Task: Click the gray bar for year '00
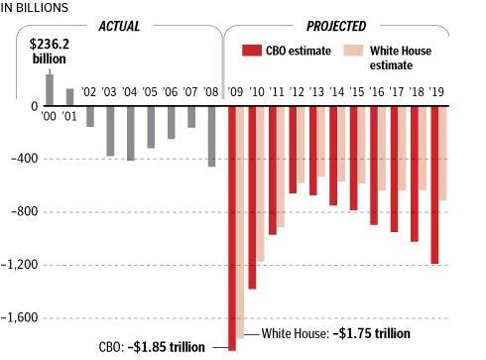[50, 89]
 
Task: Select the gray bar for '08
[210, 136]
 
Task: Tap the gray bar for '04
[130, 133]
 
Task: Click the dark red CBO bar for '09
[232, 228]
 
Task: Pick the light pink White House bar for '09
[241, 222]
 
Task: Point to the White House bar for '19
[443, 154]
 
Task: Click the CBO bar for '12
[293, 150]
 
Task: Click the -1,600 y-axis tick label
[20, 318]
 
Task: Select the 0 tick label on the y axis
[34, 106]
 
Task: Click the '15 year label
[353, 91]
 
